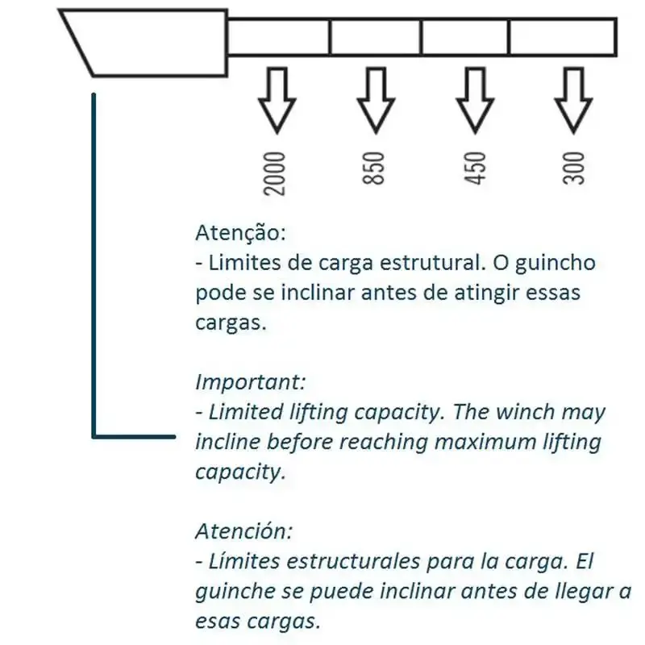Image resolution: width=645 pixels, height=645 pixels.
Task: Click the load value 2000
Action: click(x=274, y=173)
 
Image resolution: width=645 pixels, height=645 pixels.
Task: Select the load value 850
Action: click(x=373, y=169)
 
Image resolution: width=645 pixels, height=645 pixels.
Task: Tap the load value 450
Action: click(x=475, y=169)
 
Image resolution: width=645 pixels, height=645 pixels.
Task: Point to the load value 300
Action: click(x=573, y=169)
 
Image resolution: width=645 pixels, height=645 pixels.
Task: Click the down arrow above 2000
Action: click(x=277, y=100)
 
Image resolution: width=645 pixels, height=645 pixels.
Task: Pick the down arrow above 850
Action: click(x=376, y=100)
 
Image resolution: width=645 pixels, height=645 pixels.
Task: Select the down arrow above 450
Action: click(x=475, y=100)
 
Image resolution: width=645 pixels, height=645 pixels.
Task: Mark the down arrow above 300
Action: click(x=573, y=100)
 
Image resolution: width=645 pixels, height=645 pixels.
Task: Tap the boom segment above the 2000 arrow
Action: click(x=278, y=37)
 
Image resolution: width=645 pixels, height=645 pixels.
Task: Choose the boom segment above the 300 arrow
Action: click(x=563, y=37)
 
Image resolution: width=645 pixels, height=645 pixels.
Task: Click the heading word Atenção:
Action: click(x=240, y=233)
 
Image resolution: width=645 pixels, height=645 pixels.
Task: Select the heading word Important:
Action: click(x=251, y=382)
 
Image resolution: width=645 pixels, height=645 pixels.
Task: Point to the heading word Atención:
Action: click(x=244, y=531)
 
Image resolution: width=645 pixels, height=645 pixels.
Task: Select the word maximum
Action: click(x=485, y=442)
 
